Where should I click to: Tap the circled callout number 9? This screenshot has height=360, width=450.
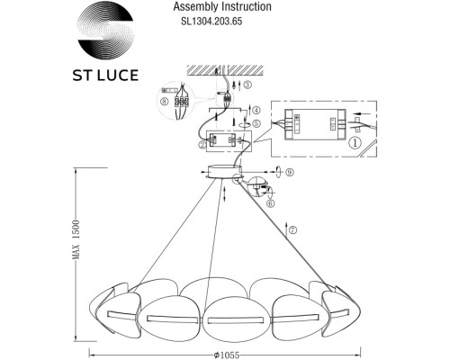tap(278, 170)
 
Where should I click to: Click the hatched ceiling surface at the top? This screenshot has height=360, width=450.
tap(220, 67)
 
